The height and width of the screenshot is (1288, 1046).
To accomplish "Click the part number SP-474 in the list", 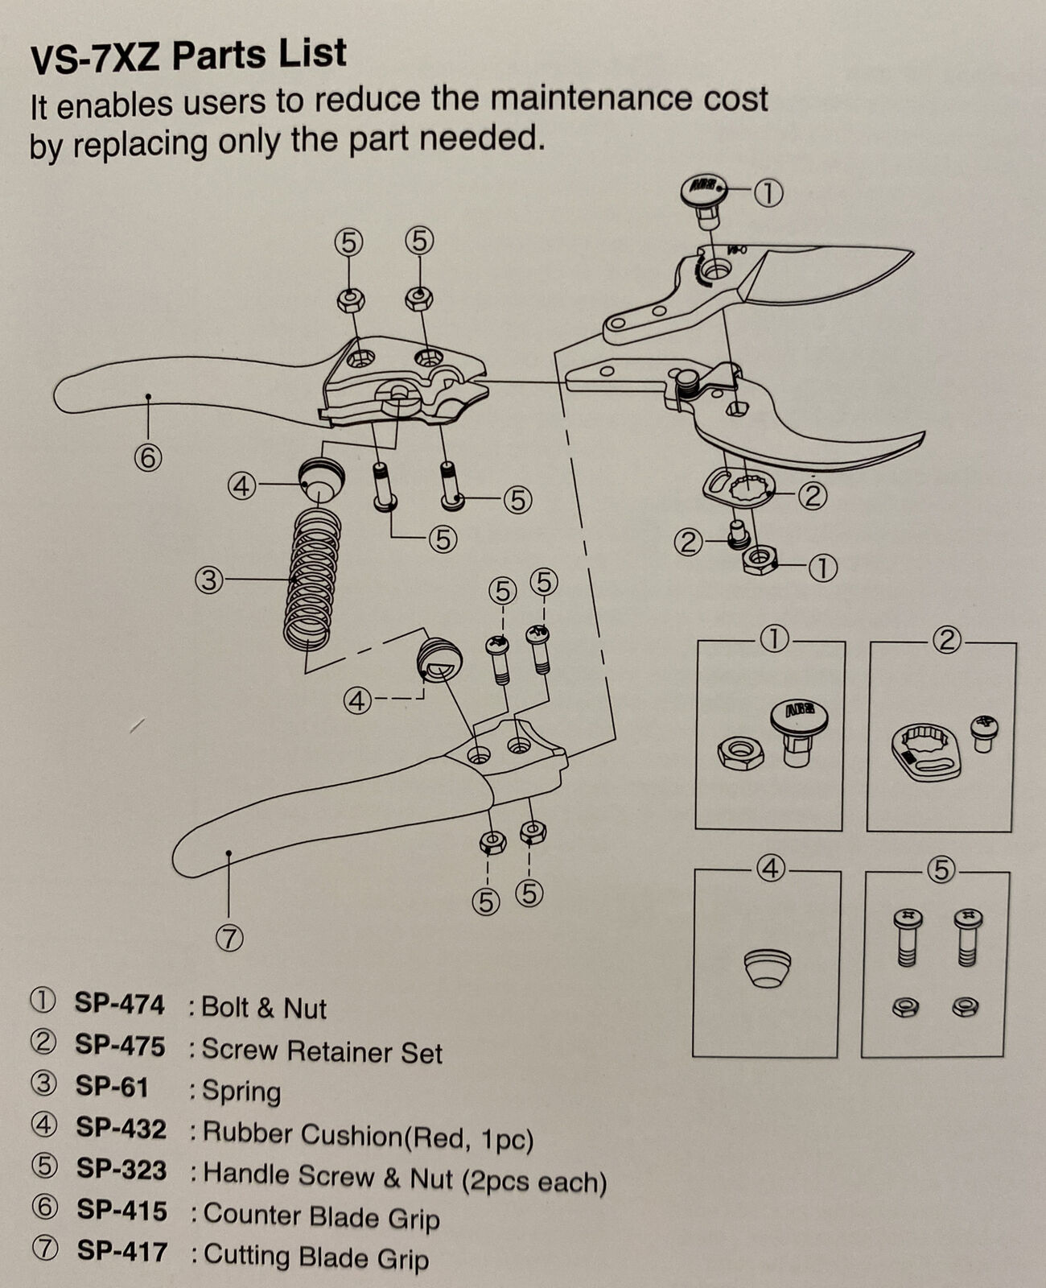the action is [x=119, y=1005].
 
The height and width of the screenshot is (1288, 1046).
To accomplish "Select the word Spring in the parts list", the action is [x=241, y=1092].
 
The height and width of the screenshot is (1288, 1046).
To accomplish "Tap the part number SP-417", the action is [x=122, y=1251].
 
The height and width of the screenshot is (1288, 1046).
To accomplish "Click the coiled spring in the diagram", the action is [x=312, y=578].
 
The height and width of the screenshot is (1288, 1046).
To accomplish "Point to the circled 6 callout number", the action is [x=148, y=459].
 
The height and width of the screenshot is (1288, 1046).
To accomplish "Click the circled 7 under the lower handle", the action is [x=229, y=939].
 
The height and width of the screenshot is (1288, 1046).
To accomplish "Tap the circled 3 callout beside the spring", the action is [x=209, y=580].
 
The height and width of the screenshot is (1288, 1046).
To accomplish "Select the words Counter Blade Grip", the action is [x=322, y=1216].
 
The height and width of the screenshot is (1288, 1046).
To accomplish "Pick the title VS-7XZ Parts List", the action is [x=188, y=56].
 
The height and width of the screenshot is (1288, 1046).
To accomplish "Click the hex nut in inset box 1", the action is [x=740, y=753].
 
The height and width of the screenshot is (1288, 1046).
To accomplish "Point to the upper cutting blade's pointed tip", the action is [x=912, y=253].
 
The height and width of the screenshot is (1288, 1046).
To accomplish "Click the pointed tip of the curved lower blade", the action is [x=924, y=434].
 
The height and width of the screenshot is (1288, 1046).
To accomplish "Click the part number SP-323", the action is [x=121, y=1169].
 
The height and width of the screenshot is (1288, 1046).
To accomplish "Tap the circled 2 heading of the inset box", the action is [x=947, y=640].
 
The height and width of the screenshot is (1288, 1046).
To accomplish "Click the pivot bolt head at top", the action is [x=702, y=191].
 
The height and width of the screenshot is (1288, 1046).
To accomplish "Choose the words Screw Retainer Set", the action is [x=322, y=1051].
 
